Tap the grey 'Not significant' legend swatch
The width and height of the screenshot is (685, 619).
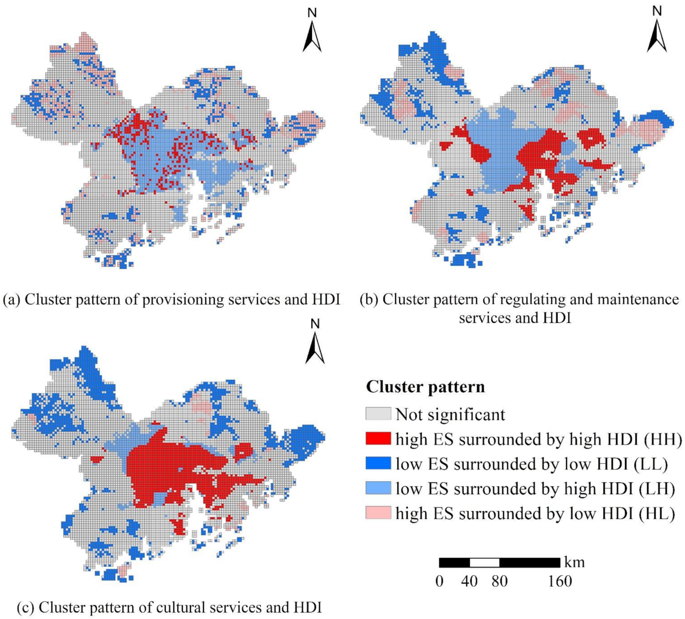point(378,414)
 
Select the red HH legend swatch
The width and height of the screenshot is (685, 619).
point(378,439)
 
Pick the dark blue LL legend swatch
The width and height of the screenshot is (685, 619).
point(378,463)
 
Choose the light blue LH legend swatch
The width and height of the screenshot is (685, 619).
point(378,488)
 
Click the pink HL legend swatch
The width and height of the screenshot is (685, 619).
point(378,513)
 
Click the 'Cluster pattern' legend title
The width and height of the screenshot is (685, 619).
point(425,387)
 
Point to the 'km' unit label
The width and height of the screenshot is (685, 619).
point(575,563)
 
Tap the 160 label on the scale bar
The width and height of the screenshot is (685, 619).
point(560,582)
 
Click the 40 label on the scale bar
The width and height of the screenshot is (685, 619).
point(469,582)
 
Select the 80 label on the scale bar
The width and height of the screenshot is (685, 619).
point(499,582)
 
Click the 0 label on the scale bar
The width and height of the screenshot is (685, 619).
point(439,582)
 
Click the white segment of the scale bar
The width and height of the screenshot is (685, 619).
point(484,563)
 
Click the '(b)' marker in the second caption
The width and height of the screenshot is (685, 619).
point(369,300)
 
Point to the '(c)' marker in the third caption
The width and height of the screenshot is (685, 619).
point(26,608)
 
